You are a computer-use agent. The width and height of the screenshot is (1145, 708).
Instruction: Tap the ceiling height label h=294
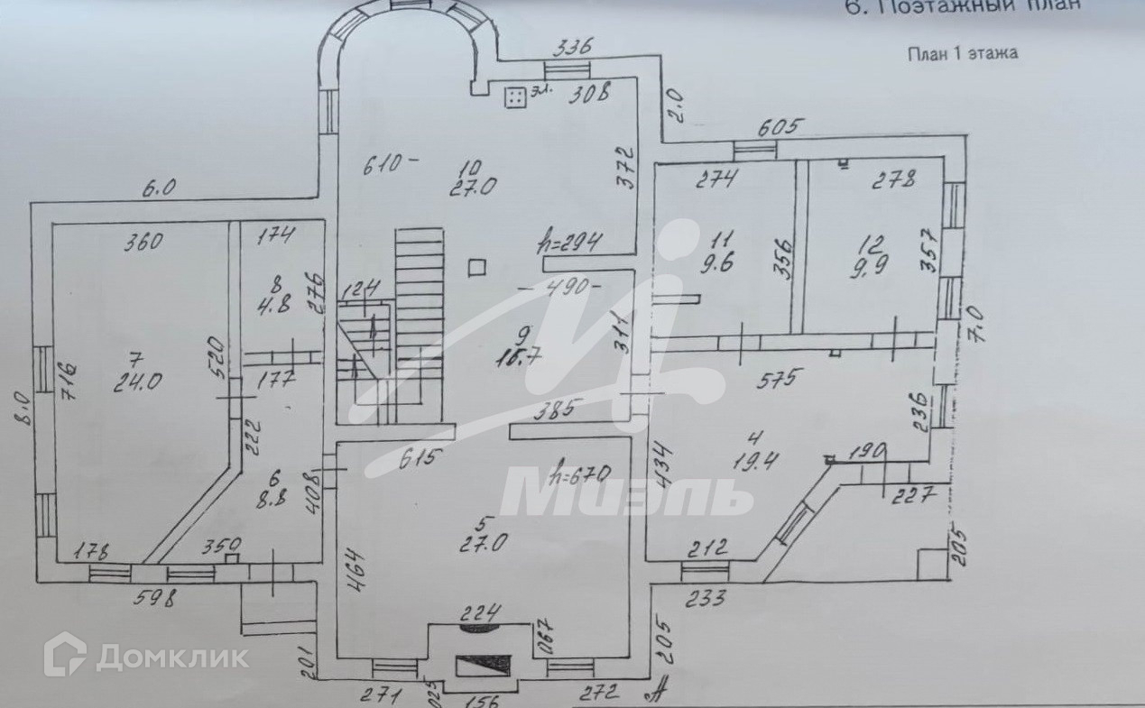[x=570, y=242]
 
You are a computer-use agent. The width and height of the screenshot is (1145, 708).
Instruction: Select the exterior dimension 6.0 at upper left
[x=159, y=188]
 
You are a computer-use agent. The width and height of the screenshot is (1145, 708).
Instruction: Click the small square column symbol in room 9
[x=478, y=266]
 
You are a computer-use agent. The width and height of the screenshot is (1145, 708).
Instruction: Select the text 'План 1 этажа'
[x=962, y=53]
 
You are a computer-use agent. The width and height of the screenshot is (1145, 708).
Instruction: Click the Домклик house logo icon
[x=65, y=654]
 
